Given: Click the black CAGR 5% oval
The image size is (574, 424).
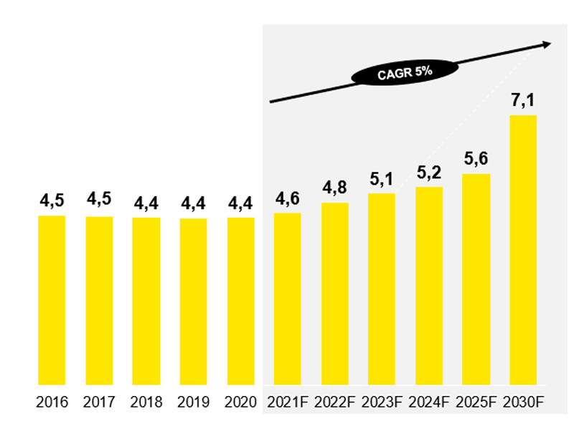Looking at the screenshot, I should [x=395, y=72].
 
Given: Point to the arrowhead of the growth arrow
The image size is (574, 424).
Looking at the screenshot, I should [x=547, y=44].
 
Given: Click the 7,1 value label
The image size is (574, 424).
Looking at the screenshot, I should [x=523, y=102].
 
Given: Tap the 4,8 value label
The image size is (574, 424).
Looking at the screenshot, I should [x=334, y=188].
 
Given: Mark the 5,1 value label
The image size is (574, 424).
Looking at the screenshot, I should [x=382, y=179].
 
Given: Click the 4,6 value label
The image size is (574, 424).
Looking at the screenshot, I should [x=287, y=198].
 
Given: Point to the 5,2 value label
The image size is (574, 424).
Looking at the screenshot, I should [x=429, y=173].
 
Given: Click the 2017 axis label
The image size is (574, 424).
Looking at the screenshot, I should [x=99, y=402].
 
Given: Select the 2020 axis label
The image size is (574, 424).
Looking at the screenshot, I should [x=240, y=402].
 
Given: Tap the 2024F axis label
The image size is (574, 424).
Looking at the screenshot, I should [x=429, y=402].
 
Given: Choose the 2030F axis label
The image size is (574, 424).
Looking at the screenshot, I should [x=523, y=402].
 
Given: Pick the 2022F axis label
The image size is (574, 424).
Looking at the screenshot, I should [x=334, y=402].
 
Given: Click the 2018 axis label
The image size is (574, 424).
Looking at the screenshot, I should [x=146, y=402].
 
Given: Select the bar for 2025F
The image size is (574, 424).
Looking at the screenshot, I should [x=476, y=279].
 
